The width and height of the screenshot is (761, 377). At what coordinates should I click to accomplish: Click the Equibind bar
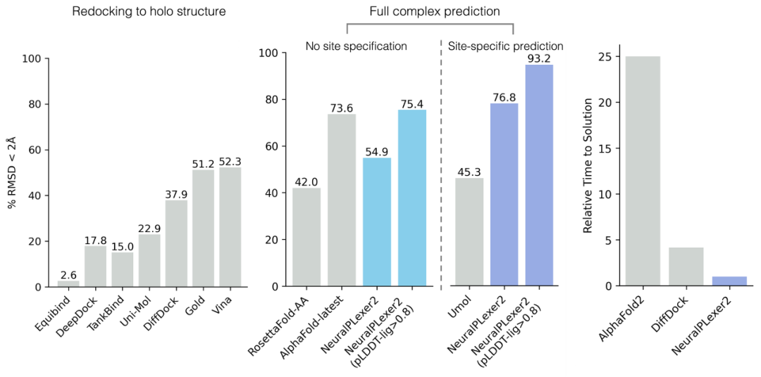click(x=69, y=283)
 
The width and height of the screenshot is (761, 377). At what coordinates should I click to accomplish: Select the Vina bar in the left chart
click(x=230, y=226)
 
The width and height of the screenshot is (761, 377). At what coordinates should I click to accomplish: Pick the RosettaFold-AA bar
click(x=307, y=237)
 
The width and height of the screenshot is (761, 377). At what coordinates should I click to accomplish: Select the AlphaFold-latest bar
click(x=342, y=200)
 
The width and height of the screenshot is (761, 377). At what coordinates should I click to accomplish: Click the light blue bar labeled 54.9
click(x=377, y=222)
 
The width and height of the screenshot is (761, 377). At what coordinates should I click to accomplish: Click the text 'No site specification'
click(x=356, y=46)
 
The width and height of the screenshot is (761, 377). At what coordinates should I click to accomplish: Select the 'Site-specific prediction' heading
click(x=506, y=46)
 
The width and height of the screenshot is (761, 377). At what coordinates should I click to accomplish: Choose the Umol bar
click(x=469, y=232)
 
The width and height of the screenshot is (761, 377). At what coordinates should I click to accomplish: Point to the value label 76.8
click(x=504, y=96)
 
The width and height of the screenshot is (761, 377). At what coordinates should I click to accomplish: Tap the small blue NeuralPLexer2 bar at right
click(x=729, y=281)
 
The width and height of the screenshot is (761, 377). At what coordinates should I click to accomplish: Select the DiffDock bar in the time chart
click(x=686, y=267)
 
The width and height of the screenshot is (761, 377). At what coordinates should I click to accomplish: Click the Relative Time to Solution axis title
click(x=587, y=172)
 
